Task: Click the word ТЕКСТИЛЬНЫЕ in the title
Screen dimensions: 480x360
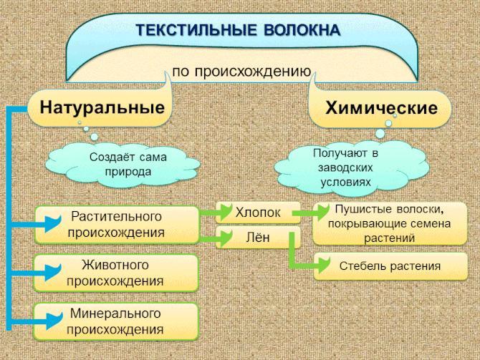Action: [196, 30]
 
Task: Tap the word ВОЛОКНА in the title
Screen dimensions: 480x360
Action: [302, 30]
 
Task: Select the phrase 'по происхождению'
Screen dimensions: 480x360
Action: [241, 72]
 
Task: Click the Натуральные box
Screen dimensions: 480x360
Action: [100, 107]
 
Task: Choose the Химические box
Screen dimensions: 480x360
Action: [380, 108]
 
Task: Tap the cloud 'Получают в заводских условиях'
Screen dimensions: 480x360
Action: [352, 168]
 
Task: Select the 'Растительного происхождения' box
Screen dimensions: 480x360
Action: [117, 225]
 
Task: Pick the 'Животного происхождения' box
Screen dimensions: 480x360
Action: [116, 273]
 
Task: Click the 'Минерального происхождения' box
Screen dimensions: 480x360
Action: [116, 321]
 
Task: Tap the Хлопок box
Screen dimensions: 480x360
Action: [258, 213]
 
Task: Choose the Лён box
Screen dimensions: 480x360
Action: [258, 237]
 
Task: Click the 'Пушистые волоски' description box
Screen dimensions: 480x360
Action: [390, 223]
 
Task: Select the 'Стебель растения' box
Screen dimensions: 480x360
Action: [390, 266]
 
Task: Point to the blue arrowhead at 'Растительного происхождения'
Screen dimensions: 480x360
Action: [53, 223]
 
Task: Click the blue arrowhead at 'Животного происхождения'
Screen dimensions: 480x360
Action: [53, 272]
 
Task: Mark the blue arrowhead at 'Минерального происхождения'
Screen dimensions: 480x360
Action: [54, 320]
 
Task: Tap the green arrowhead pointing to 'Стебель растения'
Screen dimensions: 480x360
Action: [324, 265]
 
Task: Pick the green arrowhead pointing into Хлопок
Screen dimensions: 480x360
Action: [225, 212]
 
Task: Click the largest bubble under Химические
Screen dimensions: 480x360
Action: [380, 134]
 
